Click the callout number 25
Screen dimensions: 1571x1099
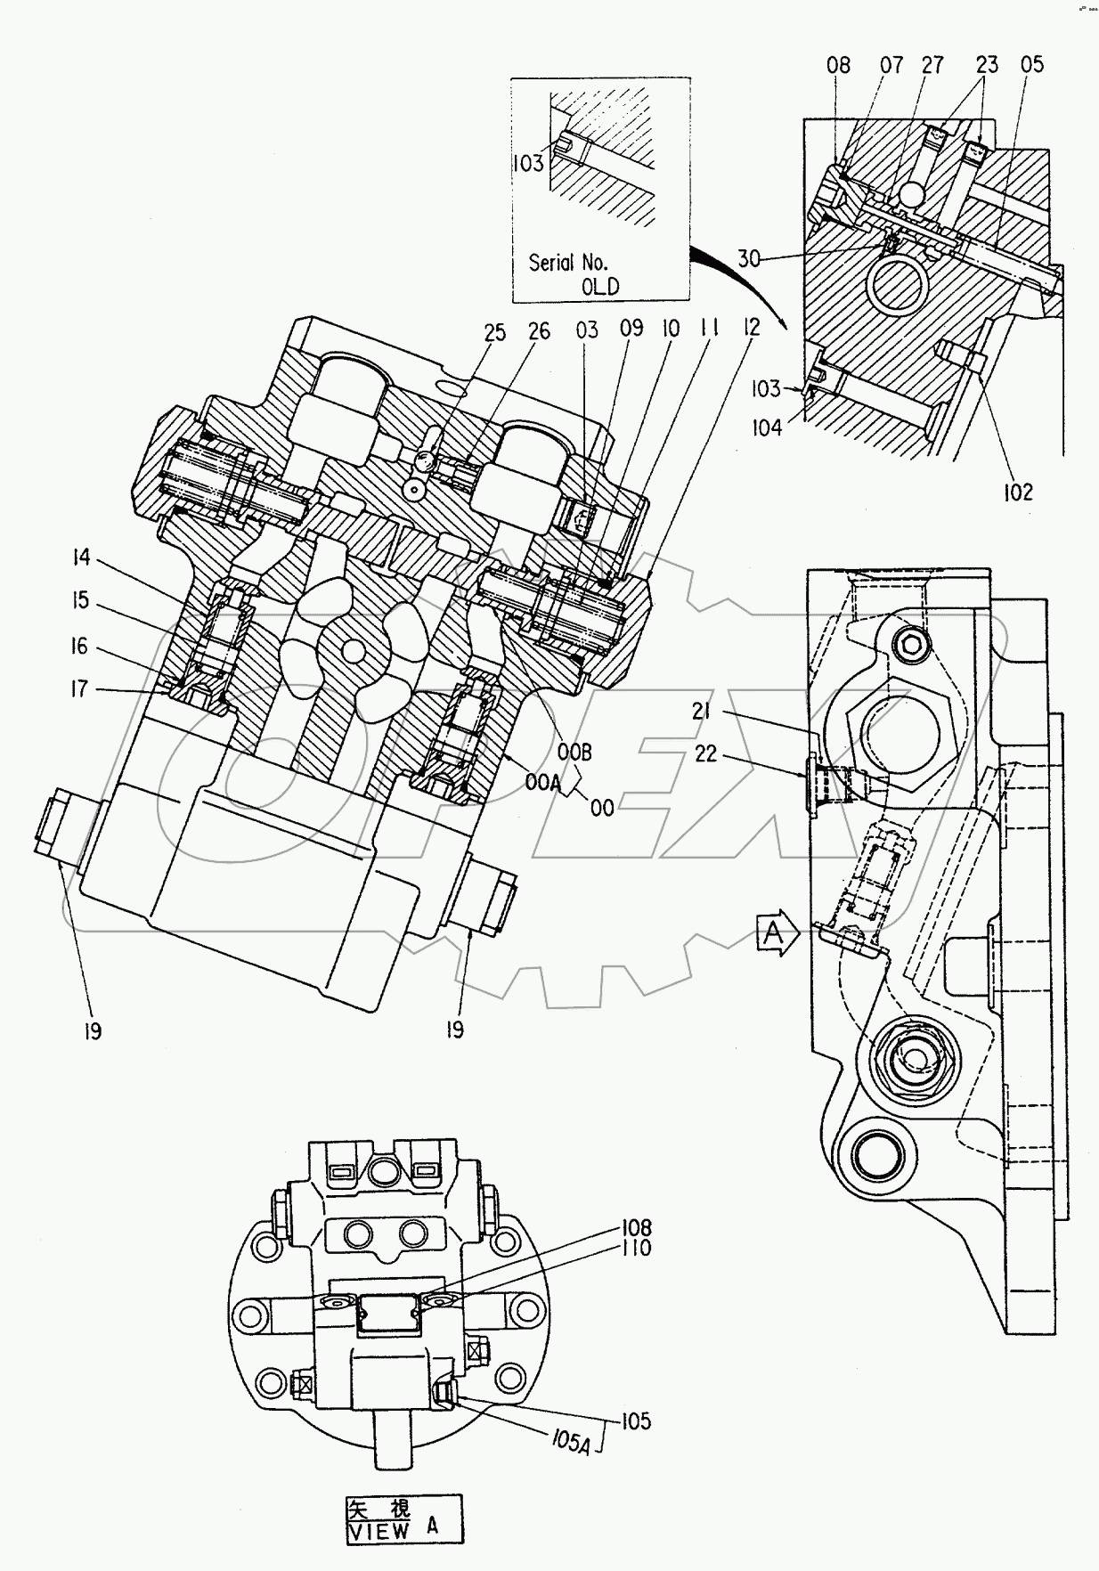click(494, 332)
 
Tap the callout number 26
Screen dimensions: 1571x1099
click(539, 332)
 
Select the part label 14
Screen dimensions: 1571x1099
click(81, 558)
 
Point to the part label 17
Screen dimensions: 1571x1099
click(79, 688)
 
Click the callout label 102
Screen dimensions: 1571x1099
click(1018, 492)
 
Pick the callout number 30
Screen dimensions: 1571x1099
click(749, 258)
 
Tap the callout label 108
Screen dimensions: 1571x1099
click(638, 1228)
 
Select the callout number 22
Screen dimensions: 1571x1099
click(705, 753)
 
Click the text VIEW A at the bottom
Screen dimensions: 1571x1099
click(392, 1530)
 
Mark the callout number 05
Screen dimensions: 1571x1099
click(1031, 64)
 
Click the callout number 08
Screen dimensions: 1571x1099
click(838, 64)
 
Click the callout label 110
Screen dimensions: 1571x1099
click(638, 1248)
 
